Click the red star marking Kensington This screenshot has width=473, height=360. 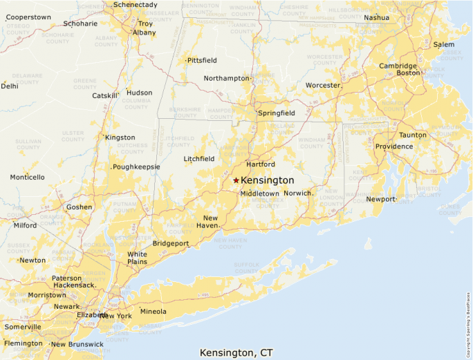tap(236, 180)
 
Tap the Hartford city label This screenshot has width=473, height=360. tap(261, 164)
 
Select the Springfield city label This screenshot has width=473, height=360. tap(277, 113)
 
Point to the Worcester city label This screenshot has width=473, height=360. tap(323, 86)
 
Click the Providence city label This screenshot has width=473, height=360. tap(394, 146)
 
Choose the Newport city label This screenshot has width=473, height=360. tap(381, 199)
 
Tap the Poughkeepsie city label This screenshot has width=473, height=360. tap(137, 167)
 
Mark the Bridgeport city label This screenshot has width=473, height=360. tap(171, 244)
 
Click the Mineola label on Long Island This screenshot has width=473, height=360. tap(154, 311)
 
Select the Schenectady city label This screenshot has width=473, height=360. tap(136, 5)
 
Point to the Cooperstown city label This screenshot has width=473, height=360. tap(28, 17)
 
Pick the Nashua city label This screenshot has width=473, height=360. tap(376, 17)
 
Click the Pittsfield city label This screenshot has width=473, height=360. tap(202, 61)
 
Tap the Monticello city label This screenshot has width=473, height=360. tap(27, 178)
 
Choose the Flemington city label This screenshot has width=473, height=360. tap(23, 343)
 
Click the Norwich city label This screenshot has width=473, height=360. tap(298, 193)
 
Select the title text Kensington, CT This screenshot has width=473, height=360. tap(236, 352)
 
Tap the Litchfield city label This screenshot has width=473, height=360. tap(198, 159)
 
